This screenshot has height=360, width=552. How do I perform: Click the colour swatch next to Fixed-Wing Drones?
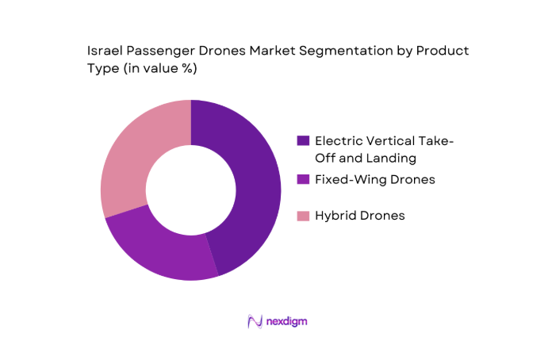point(303,180)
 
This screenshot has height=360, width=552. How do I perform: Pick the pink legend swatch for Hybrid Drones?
point(303,215)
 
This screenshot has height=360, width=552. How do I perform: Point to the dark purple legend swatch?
point(303,140)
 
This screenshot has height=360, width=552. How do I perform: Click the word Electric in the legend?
point(339,140)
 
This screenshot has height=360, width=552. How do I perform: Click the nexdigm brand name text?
point(287,321)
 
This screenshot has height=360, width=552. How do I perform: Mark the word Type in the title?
point(102,69)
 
